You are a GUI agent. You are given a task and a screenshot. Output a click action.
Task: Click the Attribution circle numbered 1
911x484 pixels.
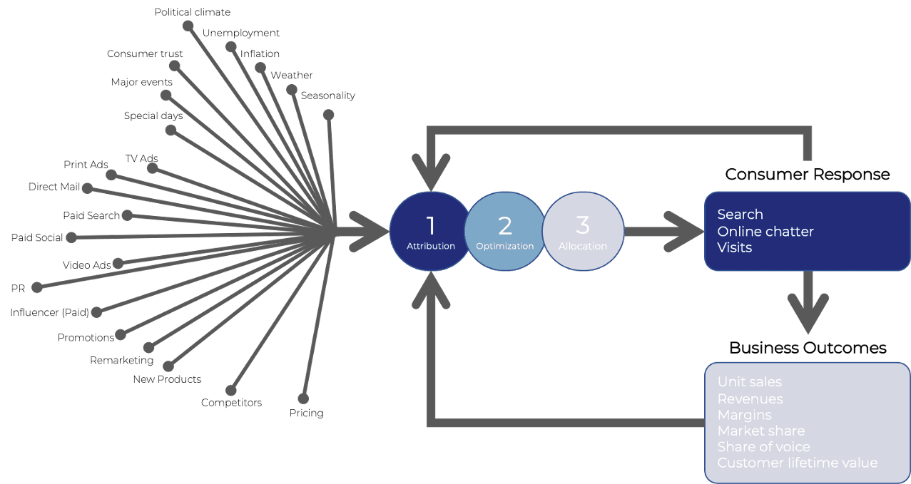tap(430, 231)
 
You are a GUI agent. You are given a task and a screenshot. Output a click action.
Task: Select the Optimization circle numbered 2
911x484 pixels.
tap(504, 231)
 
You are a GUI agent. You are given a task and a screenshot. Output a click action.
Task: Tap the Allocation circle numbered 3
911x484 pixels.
tap(583, 231)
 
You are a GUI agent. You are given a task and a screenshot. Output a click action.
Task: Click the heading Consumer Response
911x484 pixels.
tap(807, 175)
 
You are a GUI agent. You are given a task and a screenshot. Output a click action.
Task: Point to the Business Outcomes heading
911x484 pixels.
tap(808, 348)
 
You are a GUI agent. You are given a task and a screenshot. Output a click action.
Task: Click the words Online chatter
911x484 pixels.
tap(765, 231)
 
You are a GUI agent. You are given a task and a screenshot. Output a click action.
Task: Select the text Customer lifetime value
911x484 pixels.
tap(797, 463)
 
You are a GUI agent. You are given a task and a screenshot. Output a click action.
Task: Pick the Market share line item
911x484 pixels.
tap(760, 431)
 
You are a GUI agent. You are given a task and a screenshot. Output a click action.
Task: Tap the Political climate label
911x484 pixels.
tap(193, 12)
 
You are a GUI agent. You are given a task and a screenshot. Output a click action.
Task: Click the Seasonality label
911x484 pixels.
tap(327, 96)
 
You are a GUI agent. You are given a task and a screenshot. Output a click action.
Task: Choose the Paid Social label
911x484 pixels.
tap(37, 237)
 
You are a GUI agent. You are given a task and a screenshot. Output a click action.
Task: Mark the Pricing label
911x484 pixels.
tap(306, 413)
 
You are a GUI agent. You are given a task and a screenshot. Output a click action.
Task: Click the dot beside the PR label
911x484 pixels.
tap(38, 288)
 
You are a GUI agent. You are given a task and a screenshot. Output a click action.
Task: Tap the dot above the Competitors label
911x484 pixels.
tap(230, 390)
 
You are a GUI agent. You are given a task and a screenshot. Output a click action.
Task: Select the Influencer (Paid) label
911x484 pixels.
tap(49, 312)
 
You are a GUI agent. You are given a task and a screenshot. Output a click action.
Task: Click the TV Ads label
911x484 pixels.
tap(141, 158)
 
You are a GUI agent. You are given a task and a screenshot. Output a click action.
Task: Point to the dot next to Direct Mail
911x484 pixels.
tap(86, 187)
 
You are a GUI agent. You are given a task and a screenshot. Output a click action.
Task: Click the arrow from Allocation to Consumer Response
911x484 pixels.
tap(663, 231)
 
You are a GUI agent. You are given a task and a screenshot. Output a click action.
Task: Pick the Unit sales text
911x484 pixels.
tap(749, 383)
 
